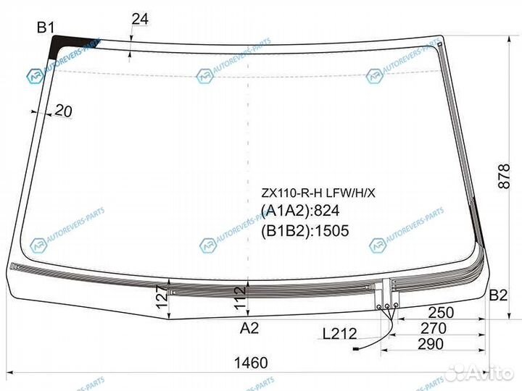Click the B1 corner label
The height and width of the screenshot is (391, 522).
pyautogui.click(x=46, y=28)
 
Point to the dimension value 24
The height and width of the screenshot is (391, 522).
pyautogui.click(x=139, y=20)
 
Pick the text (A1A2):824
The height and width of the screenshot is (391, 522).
pyautogui.click(x=300, y=211)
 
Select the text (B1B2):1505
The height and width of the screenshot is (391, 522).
pyautogui.click(x=304, y=231)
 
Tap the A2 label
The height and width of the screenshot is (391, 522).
pyautogui.click(x=249, y=329)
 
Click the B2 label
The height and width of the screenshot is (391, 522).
pyautogui.click(x=497, y=295)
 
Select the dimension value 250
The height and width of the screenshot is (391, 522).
pyautogui.click(x=442, y=313)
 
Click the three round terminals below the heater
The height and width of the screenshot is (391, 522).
pyautogui.click(x=387, y=306)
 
